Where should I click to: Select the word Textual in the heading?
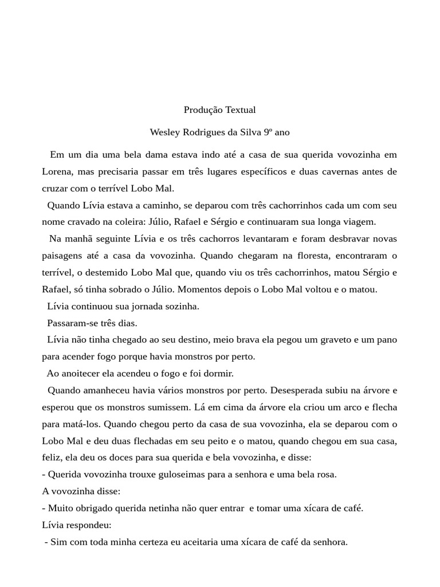[x=241, y=109]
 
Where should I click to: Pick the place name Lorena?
[x=57, y=171]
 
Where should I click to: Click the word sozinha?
[x=180, y=306]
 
